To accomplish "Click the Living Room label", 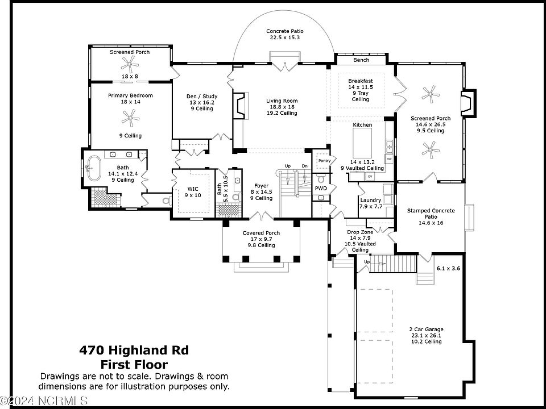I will (x=282, y=101).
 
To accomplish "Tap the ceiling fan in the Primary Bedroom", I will (x=130, y=118).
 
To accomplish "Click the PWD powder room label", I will (x=321, y=188).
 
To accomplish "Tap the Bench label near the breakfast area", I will (x=361, y=60).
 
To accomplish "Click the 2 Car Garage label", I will (x=426, y=329).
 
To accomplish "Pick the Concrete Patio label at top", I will (x=284, y=31).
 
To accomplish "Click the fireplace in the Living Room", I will (x=240, y=106).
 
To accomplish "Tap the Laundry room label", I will (x=370, y=201).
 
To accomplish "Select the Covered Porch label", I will (x=261, y=233).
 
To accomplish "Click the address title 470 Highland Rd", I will (x=134, y=350).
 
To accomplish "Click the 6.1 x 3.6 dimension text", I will (x=448, y=268).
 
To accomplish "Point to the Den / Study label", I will (x=201, y=96).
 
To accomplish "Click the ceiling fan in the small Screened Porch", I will (x=130, y=62).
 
